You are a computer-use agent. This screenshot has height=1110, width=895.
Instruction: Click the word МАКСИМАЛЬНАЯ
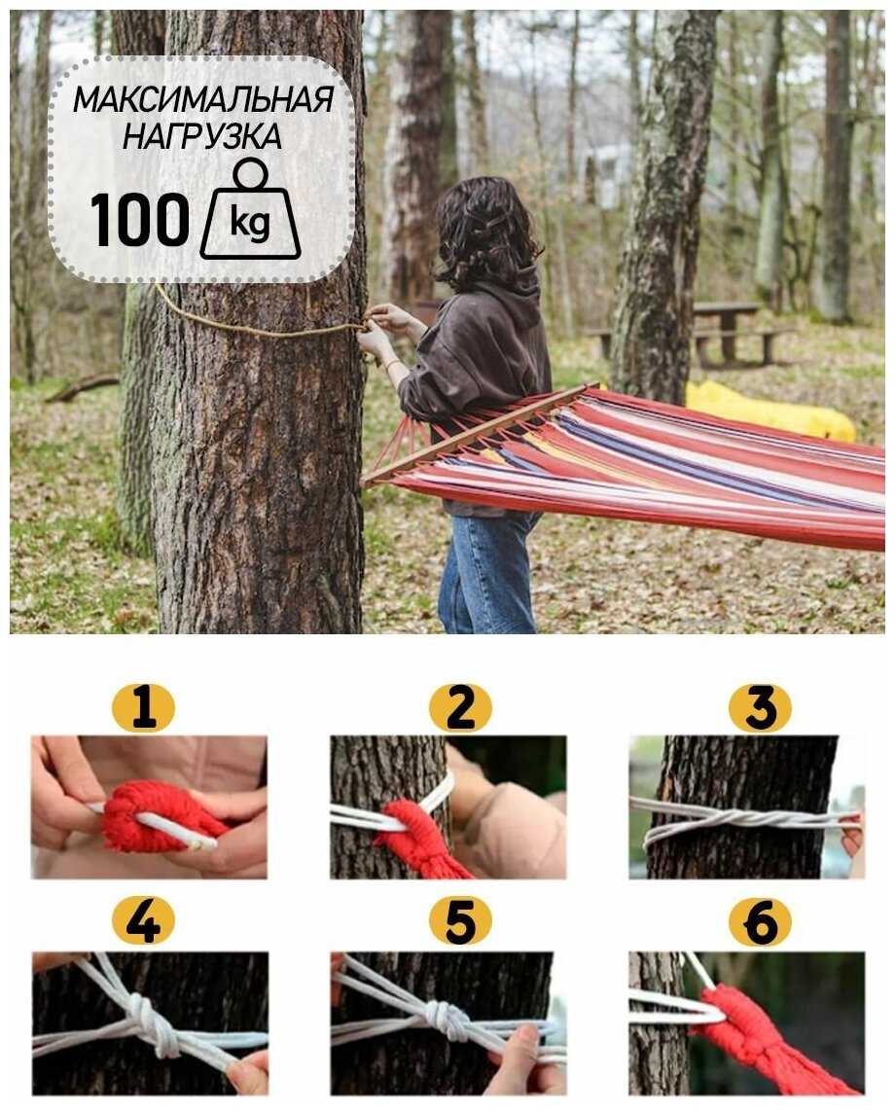(203, 99)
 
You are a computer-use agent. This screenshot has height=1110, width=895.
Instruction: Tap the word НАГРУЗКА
(202, 135)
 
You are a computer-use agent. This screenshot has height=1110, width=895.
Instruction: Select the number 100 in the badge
(139, 220)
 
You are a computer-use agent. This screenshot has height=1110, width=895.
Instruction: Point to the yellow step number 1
(144, 707)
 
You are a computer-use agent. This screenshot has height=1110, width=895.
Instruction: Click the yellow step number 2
(460, 707)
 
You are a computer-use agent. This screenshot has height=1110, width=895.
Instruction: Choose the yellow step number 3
(761, 707)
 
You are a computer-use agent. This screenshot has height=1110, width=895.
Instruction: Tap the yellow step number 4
(144, 921)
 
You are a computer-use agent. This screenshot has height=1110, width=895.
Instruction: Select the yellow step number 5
(460, 921)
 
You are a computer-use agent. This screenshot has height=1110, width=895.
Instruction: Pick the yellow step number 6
(761, 921)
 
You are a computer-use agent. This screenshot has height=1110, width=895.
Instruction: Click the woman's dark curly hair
(484, 233)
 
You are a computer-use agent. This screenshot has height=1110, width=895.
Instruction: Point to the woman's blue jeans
(488, 572)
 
